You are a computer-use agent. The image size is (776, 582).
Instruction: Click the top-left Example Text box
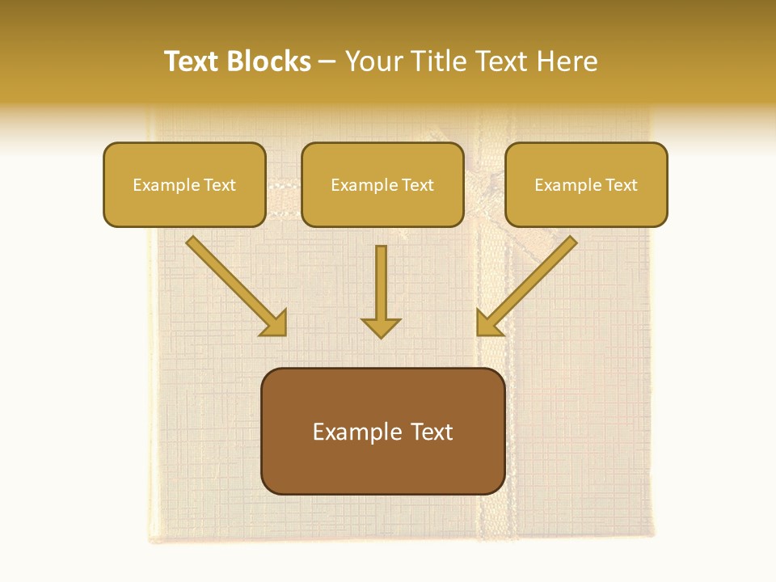tap(184, 184)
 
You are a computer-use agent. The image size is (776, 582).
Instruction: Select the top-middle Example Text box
tap(382, 184)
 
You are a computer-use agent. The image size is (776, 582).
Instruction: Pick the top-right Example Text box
tap(586, 184)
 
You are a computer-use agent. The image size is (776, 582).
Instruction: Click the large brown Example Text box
tap(383, 431)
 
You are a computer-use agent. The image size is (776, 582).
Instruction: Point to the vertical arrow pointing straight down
tap(381, 283)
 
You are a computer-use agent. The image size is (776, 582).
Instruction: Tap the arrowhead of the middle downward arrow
tap(381, 327)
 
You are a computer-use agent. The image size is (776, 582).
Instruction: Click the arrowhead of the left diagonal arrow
tap(275, 323)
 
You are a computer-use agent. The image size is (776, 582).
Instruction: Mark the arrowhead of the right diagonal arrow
tap(488, 323)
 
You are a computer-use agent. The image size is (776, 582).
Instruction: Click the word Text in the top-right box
tap(621, 185)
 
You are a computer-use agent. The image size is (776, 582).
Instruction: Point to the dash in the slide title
tap(327, 62)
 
